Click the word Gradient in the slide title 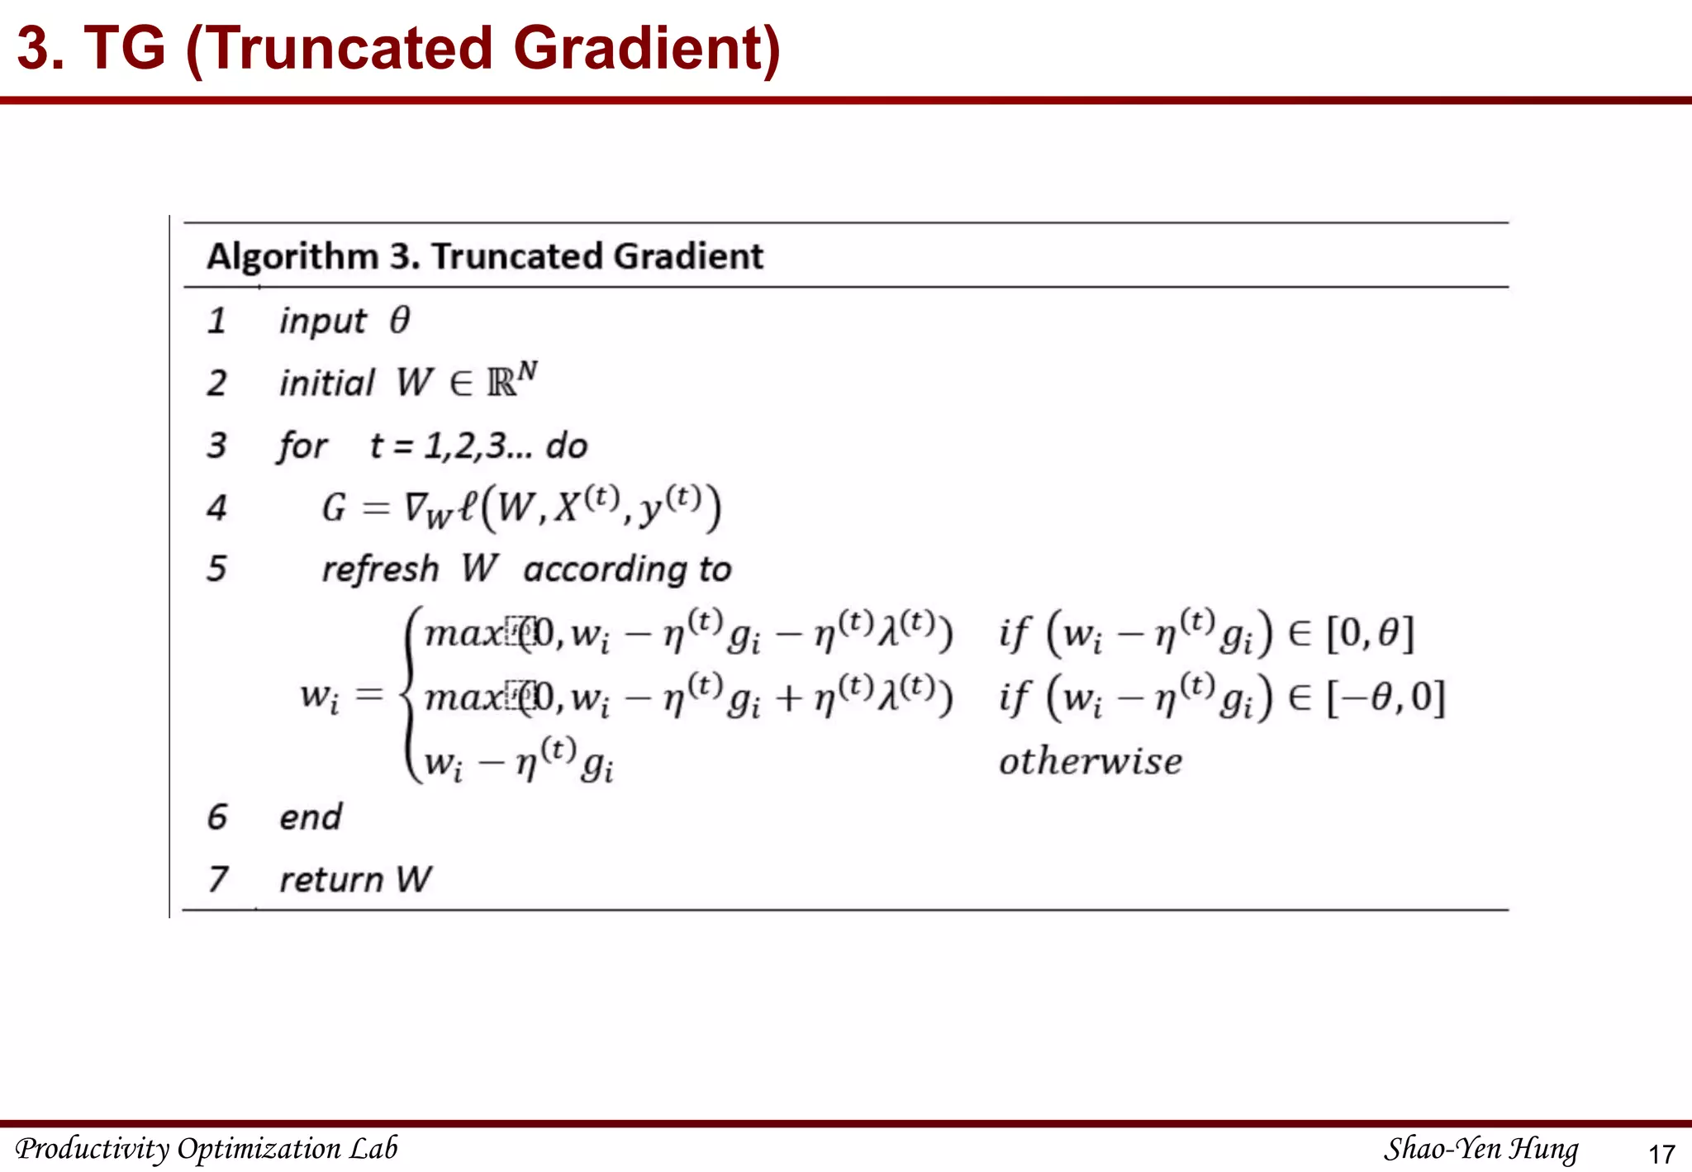tap(646, 48)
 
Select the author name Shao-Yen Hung tap(1480, 1149)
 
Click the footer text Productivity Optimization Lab tap(207, 1149)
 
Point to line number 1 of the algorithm tap(216, 321)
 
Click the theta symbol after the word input tap(400, 320)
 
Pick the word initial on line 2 tap(327, 384)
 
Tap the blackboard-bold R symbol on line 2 tap(501, 384)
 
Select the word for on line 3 tap(302, 446)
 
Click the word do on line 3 tap(567, 446)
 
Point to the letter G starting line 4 tap(334, 507)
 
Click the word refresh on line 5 tap(380, 569)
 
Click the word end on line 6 tap(311, 817)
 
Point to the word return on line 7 tap(331, 879)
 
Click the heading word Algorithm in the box tap(292, 256)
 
